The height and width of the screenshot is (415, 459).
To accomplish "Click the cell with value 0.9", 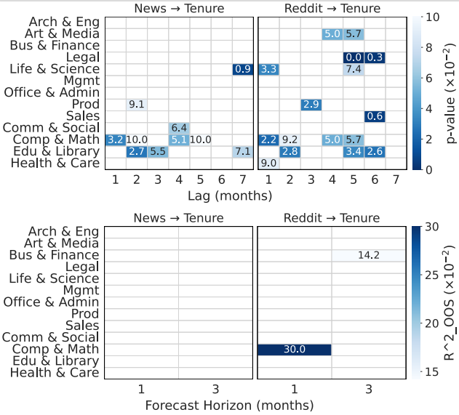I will pyautogui.click(x=242, y=69).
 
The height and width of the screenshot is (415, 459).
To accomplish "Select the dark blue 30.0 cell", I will pyautogui.click(x=295, y=350).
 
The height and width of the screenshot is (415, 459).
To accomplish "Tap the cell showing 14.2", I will pyautogui.click(x=369, y=255).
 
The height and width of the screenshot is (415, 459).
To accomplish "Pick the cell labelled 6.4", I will pyautogui.click(x=179, y=128).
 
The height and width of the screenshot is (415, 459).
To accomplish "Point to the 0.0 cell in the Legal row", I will pyautogui.click(x=354, y=57).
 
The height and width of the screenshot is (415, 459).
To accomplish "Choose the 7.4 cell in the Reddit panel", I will pyautogui.click(x=354, y=69).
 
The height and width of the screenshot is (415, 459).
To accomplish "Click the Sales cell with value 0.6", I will pyautogui.click(x=375, y=116).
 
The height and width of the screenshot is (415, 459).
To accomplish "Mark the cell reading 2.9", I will pyautogui.click(x=311, y=105).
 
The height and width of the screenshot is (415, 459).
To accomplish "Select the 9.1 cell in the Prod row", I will pyautogui.click(x=136, y=105).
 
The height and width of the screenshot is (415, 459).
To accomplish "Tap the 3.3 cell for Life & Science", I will pyautogui.click(x=268, y=69).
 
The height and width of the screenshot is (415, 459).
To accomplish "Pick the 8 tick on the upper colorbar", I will pyautogui.click(x=429, y=48).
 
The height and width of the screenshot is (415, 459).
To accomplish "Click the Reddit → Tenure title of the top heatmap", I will pyautogui.click(x=332, y=9).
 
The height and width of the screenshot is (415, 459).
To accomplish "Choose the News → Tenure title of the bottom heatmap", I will pyautogui.click(x=179, y=217).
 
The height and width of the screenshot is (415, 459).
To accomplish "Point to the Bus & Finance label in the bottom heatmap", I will pyautogui.click(x=54, y=255).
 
